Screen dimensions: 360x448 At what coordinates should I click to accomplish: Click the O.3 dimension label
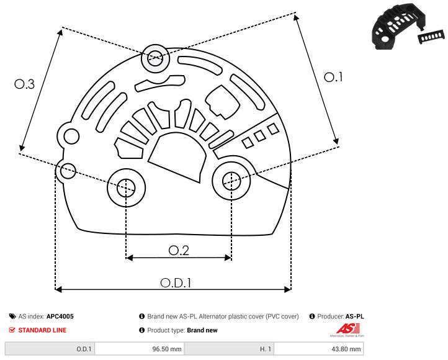coord(24,84)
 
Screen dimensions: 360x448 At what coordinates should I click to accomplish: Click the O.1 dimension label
coord(333,77)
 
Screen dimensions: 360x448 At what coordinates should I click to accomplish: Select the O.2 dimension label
coord(178,250)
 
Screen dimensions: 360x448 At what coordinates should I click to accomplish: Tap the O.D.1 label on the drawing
coord(176,282)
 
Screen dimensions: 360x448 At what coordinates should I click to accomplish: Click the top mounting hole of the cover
coord(154,60)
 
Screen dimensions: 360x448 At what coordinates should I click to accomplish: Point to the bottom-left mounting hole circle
coord(126,186)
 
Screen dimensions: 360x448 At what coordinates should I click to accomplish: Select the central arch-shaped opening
coord(177,158)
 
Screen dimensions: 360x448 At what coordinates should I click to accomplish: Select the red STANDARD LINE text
coord(42,330)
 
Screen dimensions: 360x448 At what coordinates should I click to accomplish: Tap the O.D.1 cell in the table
coord(84,349)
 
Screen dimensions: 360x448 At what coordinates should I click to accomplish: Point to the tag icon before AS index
coord(12,317)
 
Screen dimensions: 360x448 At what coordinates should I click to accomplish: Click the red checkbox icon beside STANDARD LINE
coord(12,330)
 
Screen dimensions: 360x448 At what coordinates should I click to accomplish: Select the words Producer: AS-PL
coord(339,317)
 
